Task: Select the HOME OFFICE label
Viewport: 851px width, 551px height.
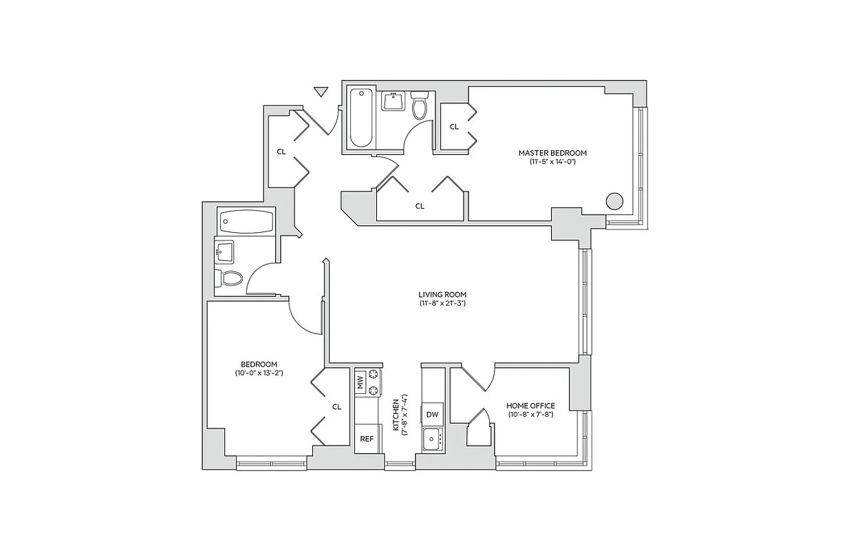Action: click(x=530, y=406)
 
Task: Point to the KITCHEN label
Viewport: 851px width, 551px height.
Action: click(x=396, y=415)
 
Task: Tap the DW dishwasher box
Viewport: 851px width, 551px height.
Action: click(x=432, y=414)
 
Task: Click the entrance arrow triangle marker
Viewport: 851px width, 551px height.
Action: click(x=320, y=92)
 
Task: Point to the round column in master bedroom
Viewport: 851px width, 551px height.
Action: click(x=614, y=201)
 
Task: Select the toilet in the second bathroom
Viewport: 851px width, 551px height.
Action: click(x=230, y=278)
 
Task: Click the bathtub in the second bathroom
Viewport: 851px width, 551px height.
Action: click(x=246, y=222)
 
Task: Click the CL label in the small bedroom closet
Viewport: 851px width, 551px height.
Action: click(x=336, y=406)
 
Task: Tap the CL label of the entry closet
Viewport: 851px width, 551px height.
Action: click(x=281, y=152)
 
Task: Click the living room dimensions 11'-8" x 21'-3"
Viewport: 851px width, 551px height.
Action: click(x=442, y=303)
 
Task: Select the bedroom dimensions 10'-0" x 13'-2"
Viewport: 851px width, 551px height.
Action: click(x=259, y=373)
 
